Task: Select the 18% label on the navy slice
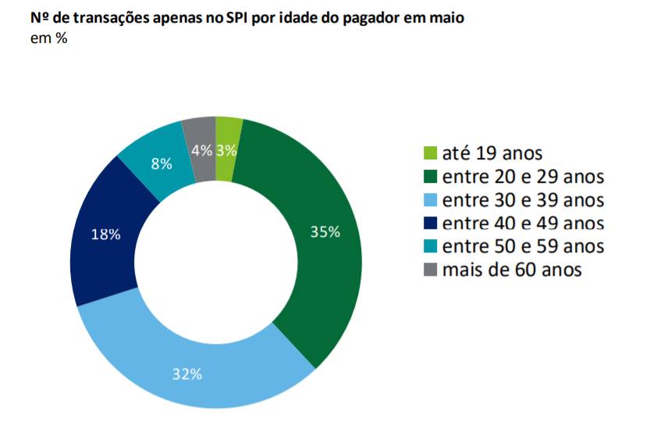click(x=105, y=234)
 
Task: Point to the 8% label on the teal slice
click(x=162, y=164)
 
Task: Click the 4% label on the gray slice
click(x=201, y=151)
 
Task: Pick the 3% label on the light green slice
click(x=226, y=151)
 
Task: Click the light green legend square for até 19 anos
click(x=428, y=153)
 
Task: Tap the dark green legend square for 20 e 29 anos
click(x=428, y=177)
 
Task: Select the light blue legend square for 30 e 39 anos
click(x=428, y=200)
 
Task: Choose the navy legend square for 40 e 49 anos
click(x=428, y=223)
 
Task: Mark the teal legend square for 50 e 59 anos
click(x=428, y=247)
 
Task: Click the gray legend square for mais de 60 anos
click(x=428, y=270)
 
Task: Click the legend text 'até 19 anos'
click(x=491, y=153)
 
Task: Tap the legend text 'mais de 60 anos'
click(x=512, y=270)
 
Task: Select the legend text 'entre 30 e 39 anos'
click(x=523, y=200)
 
